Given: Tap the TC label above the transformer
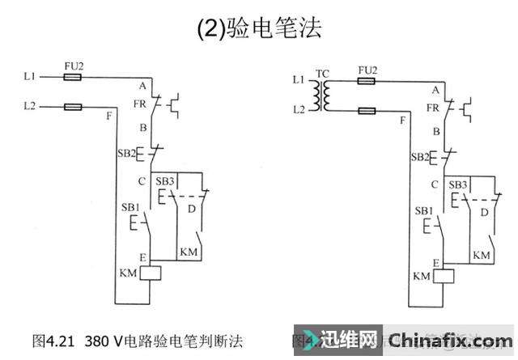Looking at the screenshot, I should click(x=322, y=74).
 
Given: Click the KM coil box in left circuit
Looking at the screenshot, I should click(x=152, y=273).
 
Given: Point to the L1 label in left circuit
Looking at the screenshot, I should click(x=30, y=77).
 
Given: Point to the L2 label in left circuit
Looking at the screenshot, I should click(x=30, y=106).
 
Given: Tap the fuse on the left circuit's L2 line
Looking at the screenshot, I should click(x=73, y=106).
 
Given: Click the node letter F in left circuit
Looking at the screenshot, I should click(x=109, y=116).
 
